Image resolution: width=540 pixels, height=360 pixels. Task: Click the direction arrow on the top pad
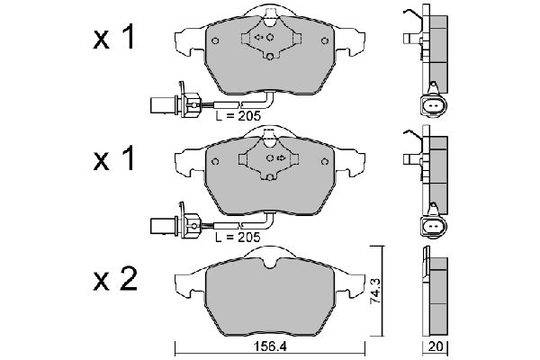pos(260,38)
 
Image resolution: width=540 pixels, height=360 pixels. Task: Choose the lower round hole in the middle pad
pos(270,180)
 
